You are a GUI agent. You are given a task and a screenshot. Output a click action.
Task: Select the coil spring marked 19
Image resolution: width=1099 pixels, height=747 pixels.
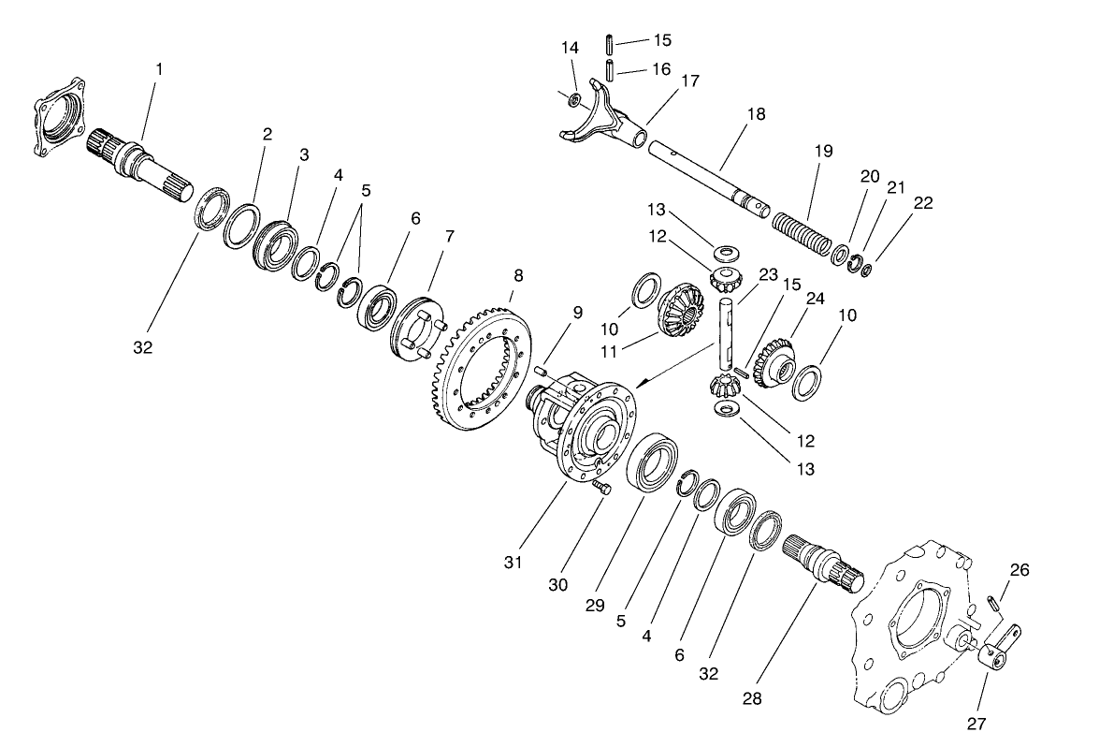[x=801, y=234]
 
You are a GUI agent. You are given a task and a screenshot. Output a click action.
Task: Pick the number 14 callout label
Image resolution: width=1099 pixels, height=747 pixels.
[x=570, y=48]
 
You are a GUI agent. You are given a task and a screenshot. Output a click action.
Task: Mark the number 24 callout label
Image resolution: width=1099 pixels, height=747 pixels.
[x=816, y=300]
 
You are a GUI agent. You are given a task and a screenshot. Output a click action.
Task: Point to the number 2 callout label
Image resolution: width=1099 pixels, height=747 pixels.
[x=268, y=134]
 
